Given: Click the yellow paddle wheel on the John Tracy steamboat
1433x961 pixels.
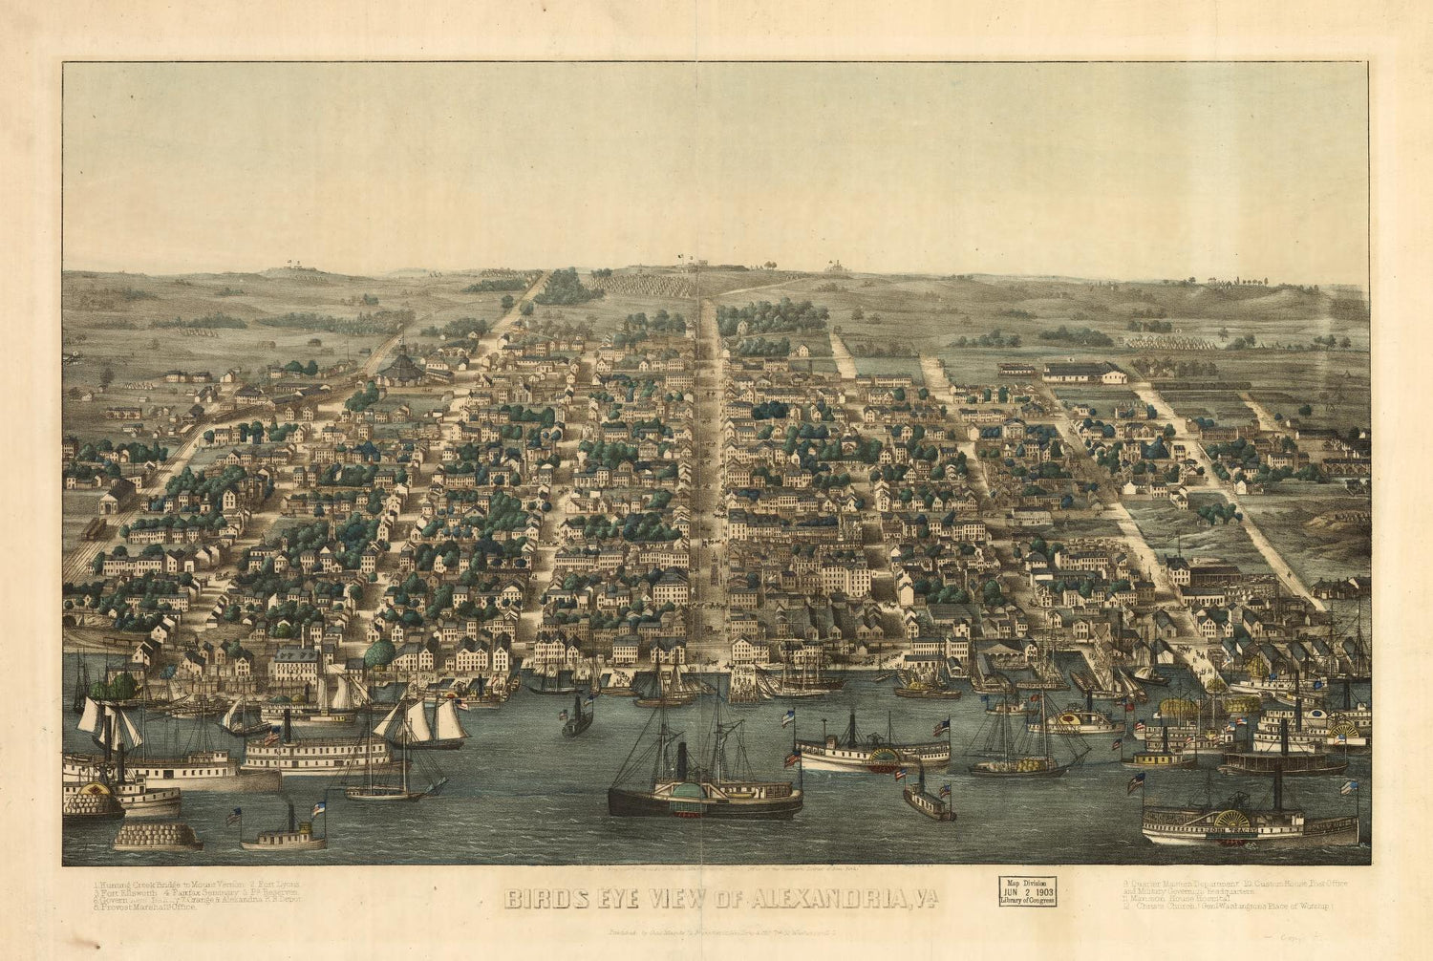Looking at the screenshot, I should pos(1233,822).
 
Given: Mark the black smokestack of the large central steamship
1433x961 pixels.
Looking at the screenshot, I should pos(681,761).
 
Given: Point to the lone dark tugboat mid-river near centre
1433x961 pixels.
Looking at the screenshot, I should pos(577,718).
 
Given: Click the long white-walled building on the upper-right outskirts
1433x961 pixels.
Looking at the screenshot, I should pos(1084,373).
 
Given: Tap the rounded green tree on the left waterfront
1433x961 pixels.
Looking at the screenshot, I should pos(379,653).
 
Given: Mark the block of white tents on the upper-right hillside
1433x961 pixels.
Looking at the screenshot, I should pos(1170,341).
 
